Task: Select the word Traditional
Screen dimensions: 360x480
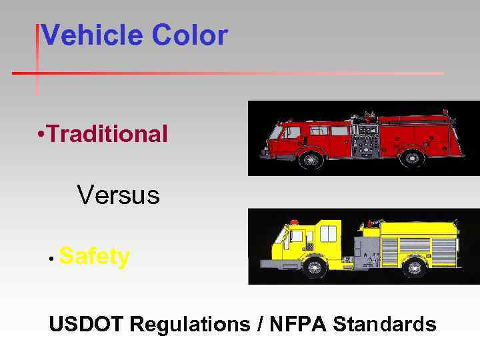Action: (107, 134)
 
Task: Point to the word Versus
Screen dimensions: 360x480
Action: (118, 195)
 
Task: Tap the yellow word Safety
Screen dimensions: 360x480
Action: (94, 256)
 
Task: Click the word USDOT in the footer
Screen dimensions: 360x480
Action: (87, 325)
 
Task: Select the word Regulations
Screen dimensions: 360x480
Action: (189, 325)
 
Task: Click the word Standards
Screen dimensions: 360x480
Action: (385, 325)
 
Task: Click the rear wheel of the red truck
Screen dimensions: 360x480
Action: (412, 159)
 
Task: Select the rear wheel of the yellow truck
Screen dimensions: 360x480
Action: (416, 268)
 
